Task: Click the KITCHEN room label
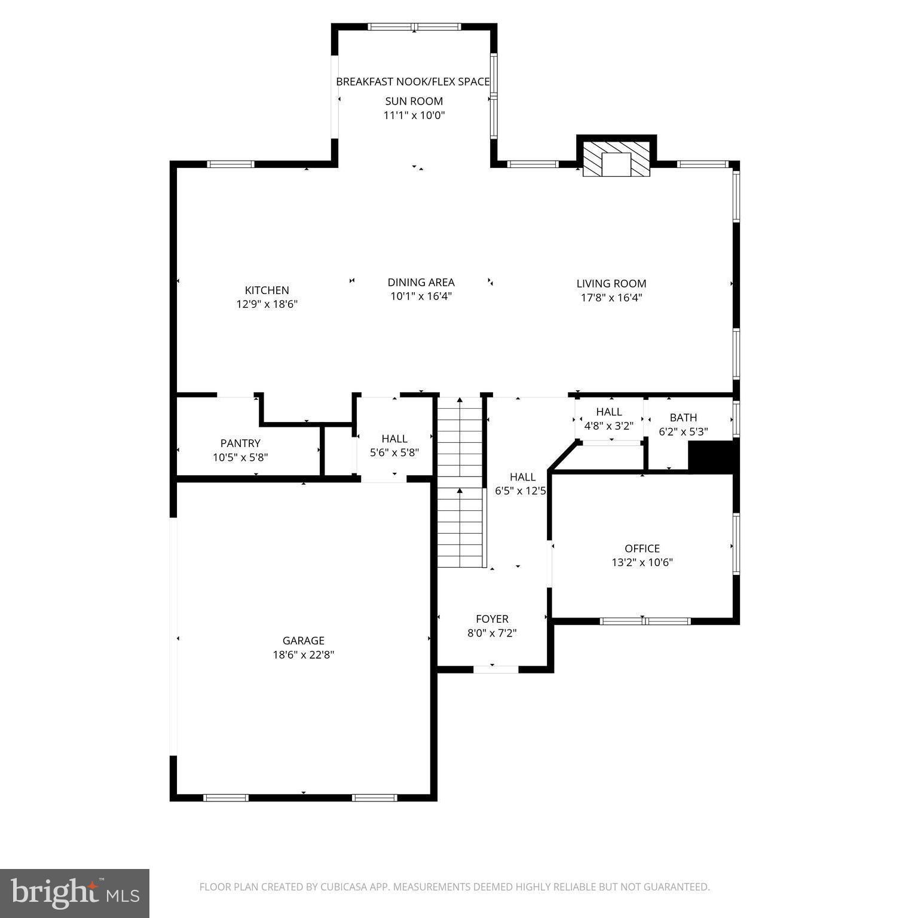coord(267,290)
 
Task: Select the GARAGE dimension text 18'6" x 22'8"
coord(303,654)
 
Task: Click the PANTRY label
coord(240,443)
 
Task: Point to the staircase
coord(460,482)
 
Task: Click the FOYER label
coord(492,619)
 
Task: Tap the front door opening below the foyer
coord(495,669)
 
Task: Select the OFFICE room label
coord(642,548)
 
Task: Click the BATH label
coord(683,417)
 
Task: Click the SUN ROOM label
coord(414,101)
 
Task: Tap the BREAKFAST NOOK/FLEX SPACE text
coord(413,81)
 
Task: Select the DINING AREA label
coord(421,282)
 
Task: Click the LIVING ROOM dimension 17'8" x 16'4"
coord(611,298)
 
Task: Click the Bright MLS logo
coord(75,893)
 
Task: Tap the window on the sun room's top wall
coord(414,27)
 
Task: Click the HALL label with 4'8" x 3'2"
coord(608,412)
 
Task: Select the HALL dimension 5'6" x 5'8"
coord(394,453)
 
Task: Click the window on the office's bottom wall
coord(645,621)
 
